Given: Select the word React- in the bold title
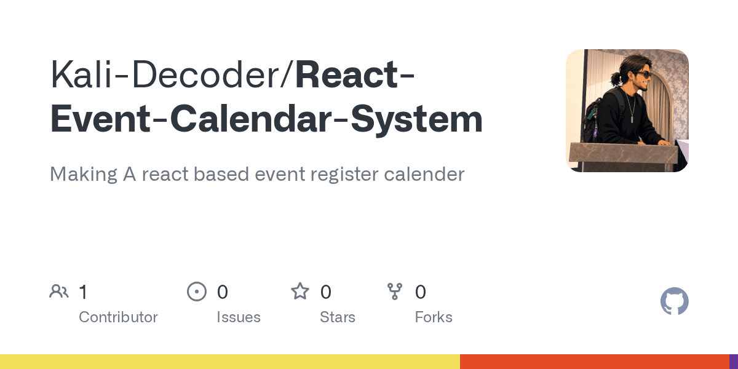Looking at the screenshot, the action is pos(355,75).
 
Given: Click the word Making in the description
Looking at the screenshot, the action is pos(84,174).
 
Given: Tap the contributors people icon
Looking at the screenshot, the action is pos(59,292).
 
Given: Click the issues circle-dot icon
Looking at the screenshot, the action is pos(197,292).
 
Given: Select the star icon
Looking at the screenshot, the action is pos(300,292).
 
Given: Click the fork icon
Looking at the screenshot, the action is pos(395,292).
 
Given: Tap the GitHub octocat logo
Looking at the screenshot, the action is pos(675,301).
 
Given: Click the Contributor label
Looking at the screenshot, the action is pos(118,317).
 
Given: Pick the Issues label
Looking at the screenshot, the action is pos(239,317).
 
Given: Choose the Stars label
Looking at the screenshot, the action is pos(338,317).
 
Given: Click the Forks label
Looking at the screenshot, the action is pos(434,317).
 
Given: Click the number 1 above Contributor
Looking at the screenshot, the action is pos(84,292).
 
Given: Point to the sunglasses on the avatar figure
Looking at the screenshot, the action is pos(643,74).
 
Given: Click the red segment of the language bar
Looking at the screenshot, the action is pos(594,362).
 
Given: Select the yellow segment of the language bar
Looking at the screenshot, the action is pos(230,362).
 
